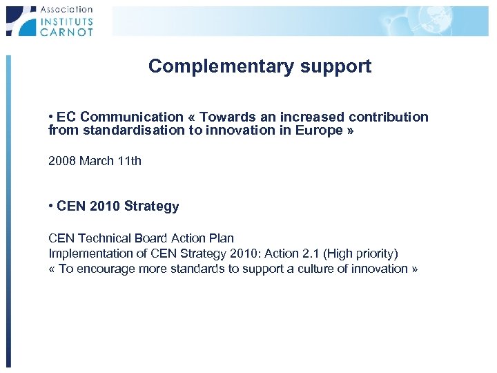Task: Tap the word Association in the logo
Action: coord(66,10)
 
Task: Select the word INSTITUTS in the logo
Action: coord(66,21)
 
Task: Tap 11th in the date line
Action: coord(128,161)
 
